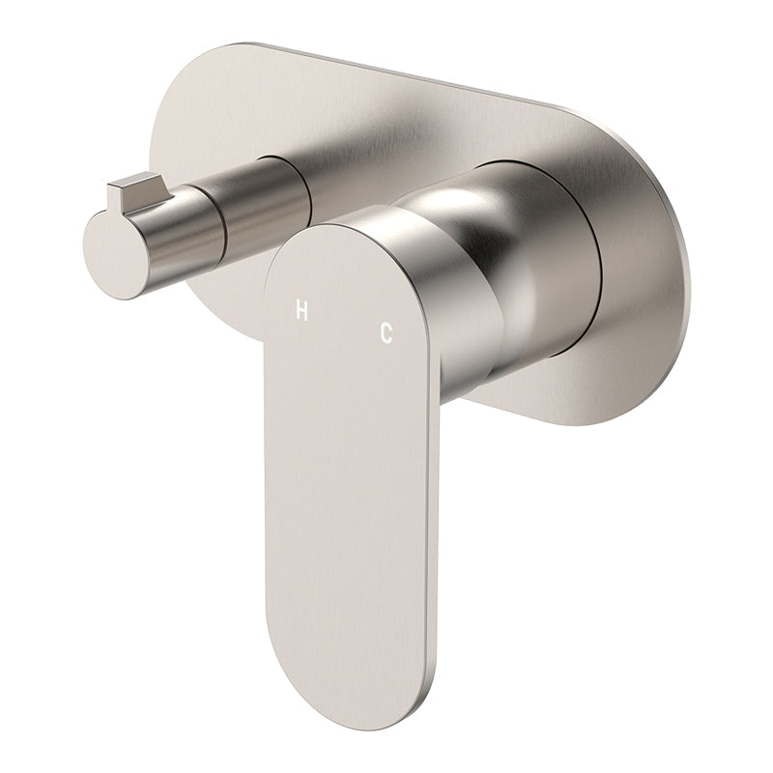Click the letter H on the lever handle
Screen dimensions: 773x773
(301, 310)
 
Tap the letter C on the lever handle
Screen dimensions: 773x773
(386, 332)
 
